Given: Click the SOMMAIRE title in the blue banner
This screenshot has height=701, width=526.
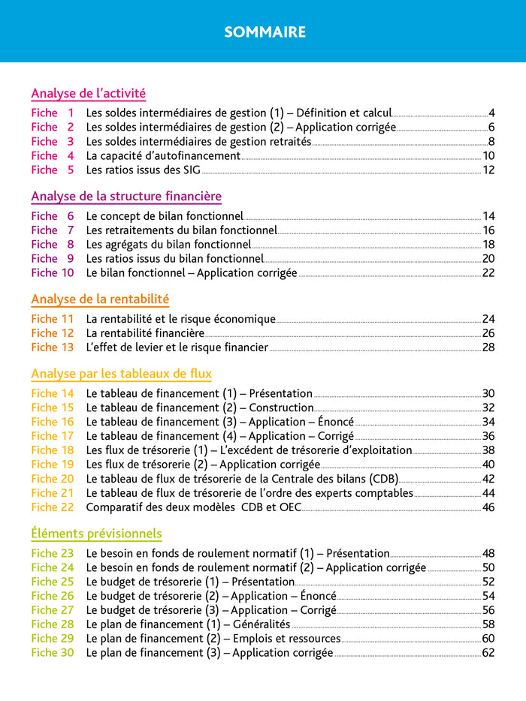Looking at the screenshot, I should tap(265, 32).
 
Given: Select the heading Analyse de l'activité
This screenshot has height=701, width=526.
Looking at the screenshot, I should tap(88, 94).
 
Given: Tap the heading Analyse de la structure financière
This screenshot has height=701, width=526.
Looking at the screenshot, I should tap(125, 197).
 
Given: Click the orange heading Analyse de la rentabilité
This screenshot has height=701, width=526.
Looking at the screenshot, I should tap(100, 299).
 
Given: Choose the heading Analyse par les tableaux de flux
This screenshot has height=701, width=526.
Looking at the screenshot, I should tap(121, 374).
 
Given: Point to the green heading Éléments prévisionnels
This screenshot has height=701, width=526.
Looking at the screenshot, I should tap(96, 534).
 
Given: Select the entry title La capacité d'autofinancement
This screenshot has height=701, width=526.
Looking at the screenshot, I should tap(163, 156).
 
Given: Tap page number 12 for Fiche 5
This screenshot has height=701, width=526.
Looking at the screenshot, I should tap(488, 170).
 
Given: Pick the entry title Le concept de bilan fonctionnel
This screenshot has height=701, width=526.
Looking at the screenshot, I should tap(165, 216).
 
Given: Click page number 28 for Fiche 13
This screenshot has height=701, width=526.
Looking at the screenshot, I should tap(488, 347).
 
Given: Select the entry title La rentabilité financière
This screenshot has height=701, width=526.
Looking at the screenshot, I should tap(145, 333).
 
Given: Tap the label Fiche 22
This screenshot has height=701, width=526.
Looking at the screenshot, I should tap(53, 507).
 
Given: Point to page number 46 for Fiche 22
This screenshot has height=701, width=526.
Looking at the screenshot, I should tap(488, 507).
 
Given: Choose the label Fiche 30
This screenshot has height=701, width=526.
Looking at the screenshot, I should tap(53, 653).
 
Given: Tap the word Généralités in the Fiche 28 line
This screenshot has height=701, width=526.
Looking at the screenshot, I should tap(261, 624).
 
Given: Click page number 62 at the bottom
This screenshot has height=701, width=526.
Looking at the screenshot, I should tap(488, 653).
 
